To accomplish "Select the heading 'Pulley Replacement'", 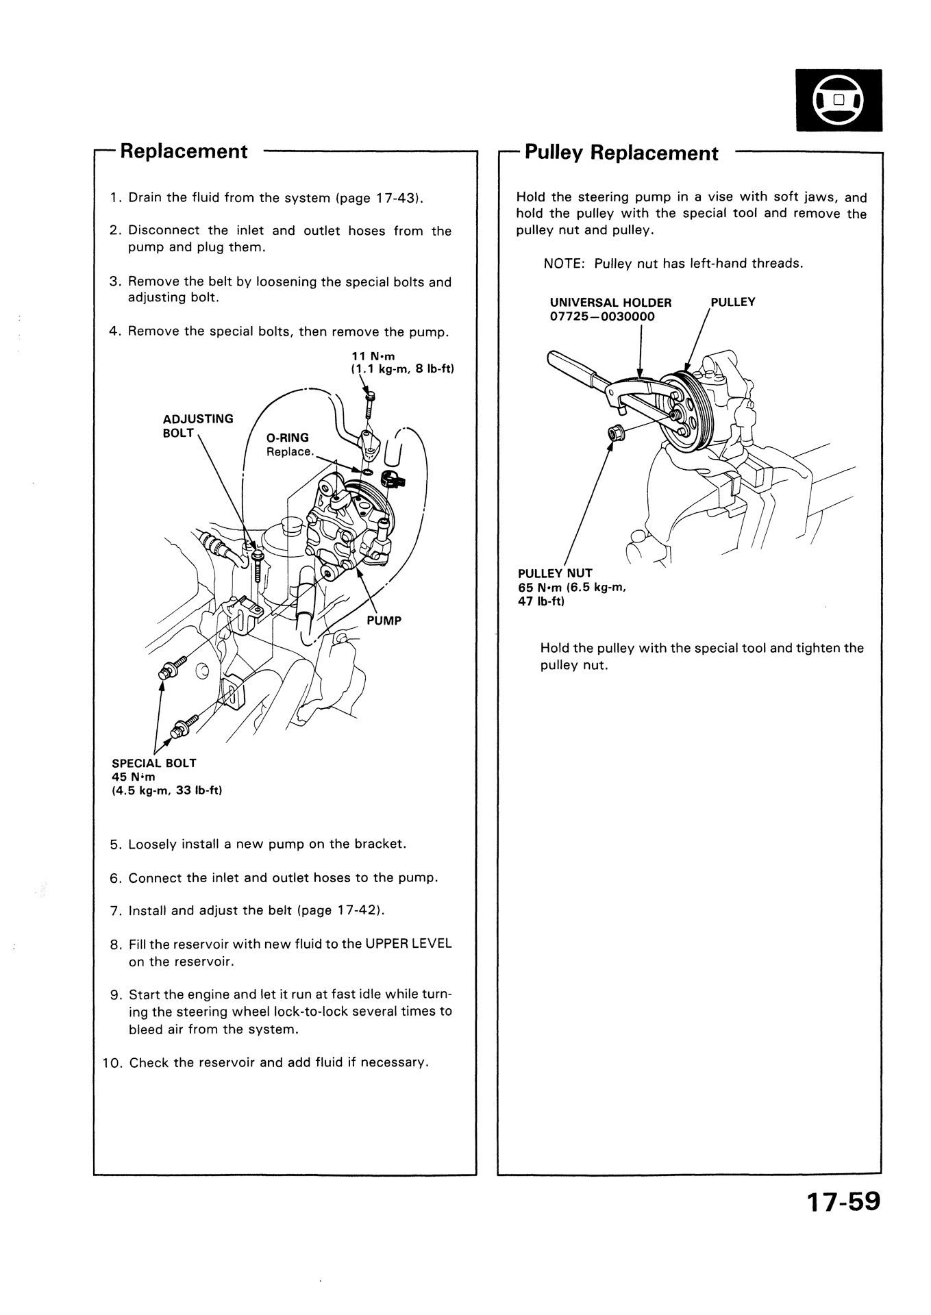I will (x=621, y=153).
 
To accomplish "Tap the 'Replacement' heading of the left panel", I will (x=184, y=151).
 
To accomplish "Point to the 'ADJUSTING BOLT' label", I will (x=197, y=425).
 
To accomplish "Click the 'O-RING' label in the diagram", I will (x=287, y=438).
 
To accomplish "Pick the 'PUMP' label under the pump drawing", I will (x=384, y=621).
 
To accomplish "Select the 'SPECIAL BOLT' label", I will (x=153, y=763).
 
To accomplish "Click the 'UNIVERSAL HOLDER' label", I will (x=610, y=302).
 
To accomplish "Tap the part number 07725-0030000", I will (x=602, y=316).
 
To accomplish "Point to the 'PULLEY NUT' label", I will (x=555, y=573).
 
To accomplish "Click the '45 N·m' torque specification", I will (x=134, y=777).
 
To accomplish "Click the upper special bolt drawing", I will (x=175, y=666).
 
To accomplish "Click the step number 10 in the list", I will (x=111, y=1063).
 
